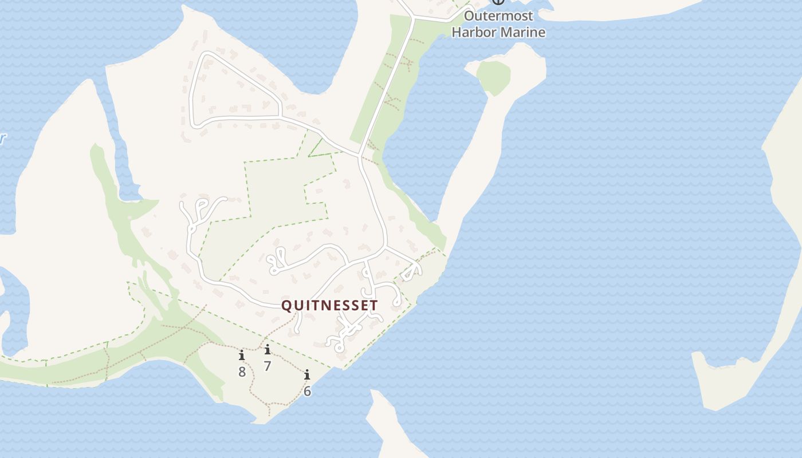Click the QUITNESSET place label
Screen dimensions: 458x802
coord(329,306)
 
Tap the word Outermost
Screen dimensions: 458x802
coord(498,16)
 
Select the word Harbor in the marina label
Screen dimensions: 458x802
coord(475,32)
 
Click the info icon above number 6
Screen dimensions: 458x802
coord(307,375)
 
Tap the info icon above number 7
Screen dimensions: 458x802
coord(267,349)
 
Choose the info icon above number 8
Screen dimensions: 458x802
coord(242,355)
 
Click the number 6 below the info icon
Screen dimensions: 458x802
coord(307,392)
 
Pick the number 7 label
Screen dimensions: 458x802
coord(267,366)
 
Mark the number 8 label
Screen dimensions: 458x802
coord(242,372)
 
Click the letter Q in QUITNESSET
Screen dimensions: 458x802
coord(286,306)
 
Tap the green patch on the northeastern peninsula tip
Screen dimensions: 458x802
coord(493,76)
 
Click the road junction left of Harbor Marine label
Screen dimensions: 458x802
coord(412,19)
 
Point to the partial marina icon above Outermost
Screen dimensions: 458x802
coord(498,2)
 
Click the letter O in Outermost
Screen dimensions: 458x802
coord(469,16)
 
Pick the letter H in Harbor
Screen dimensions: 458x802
coord(457,32)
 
